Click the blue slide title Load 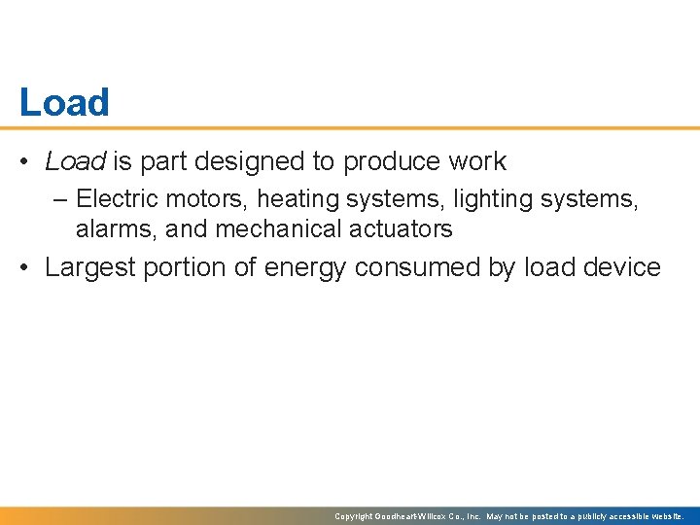point(64,103)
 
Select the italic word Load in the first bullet point(75,161)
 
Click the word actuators point(404,229)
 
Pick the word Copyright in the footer point(355,516)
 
